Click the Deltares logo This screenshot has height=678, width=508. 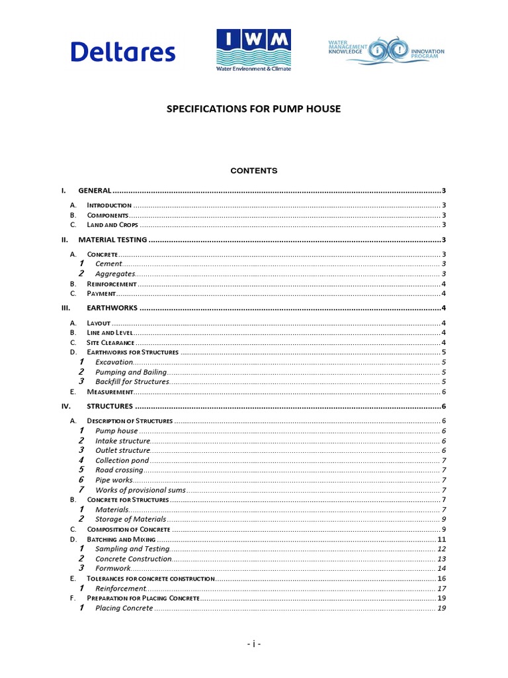point(123,52)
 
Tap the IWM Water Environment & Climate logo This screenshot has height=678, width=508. point(253,50)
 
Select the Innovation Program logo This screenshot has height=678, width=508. point(386,52)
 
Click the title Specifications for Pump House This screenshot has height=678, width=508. point(253,109)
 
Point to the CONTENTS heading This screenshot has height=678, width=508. point(253,171)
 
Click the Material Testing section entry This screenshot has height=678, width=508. point(112,240)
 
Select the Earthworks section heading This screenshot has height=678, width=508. point(112,308)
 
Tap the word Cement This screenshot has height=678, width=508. point(108,264)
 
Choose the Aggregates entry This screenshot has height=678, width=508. point(115,274)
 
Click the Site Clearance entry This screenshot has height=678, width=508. point(110,343)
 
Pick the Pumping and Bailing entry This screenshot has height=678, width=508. point(131,372)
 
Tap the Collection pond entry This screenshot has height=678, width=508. point(122,460)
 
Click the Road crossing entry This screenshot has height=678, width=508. point(119,470)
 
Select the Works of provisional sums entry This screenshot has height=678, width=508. point(140,490)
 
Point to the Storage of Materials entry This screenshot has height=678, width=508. point(130,520)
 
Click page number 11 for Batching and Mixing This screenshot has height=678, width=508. point(442,540)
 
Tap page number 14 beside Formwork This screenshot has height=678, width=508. point(442,569)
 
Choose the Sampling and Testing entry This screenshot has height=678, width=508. point(132,549)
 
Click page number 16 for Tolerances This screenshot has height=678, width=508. point(442,579)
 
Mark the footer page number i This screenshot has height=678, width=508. point(253,644)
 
